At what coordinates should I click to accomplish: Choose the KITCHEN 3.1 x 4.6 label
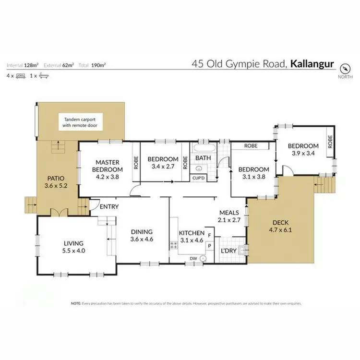(x=192, y=237)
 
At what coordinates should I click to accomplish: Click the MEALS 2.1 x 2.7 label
(x=229, y=216)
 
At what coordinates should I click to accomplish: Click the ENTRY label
(x=109, y=207)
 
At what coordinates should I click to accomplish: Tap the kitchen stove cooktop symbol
(x=173, y=245)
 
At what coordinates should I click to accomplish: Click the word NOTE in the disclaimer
(x=76, y=304)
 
